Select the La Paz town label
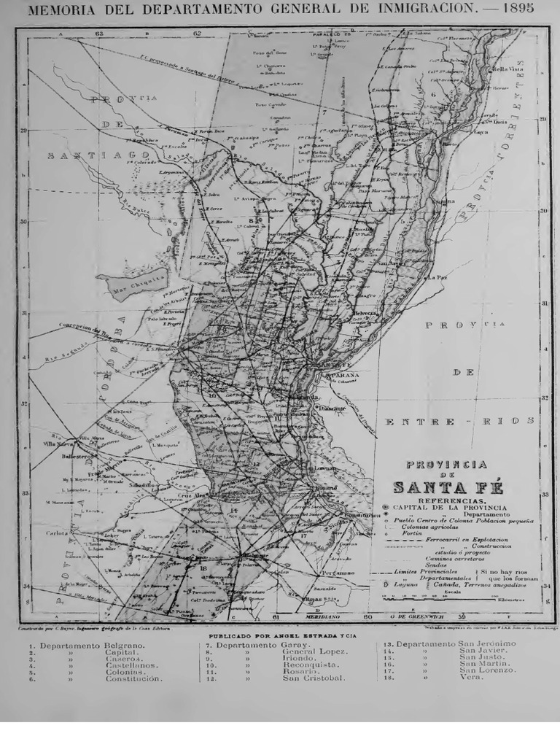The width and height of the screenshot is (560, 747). [x=437, y=278]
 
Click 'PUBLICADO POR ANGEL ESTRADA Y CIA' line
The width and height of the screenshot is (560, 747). [x=279, y=636]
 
